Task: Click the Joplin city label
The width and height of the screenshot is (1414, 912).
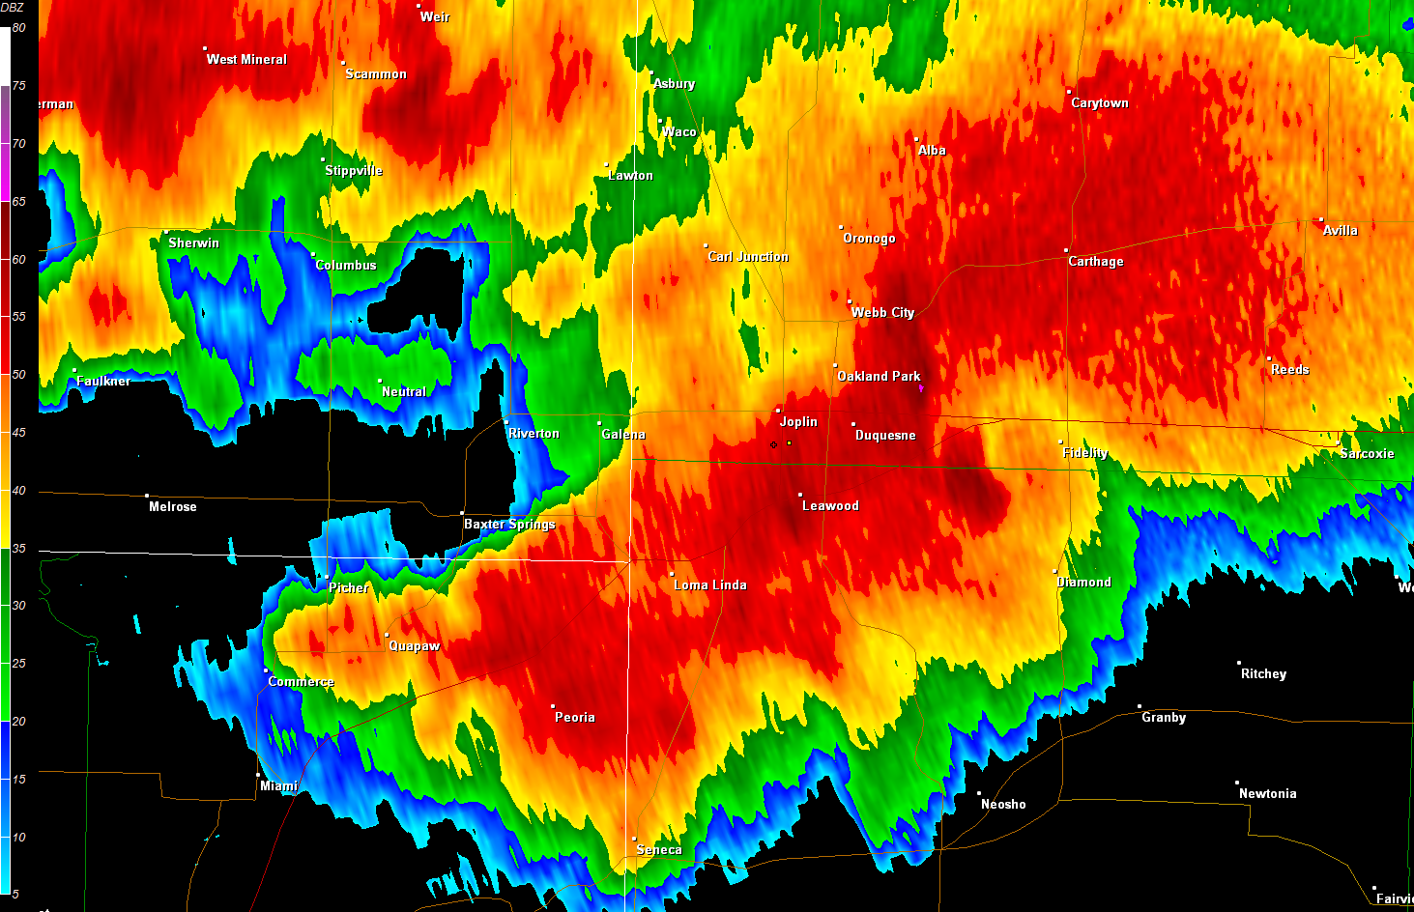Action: coord(798,422)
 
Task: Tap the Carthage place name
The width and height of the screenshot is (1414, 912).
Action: coord(1096,262)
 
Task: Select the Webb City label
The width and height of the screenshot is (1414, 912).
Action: coord(882,313)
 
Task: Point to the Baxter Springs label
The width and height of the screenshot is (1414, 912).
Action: coord(509,525)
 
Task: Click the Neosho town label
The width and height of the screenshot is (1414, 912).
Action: coord(1003,805)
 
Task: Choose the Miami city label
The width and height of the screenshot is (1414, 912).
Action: coord(278,786)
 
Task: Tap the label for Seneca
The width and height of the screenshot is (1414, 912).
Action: coord(659,850)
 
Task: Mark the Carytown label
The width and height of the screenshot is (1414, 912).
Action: coord(1100,103)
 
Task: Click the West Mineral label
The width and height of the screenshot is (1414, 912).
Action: coord(246,60)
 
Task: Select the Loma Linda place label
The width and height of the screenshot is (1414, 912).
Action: coord(710,585)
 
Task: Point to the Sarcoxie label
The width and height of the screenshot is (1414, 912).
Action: coord(1367,454)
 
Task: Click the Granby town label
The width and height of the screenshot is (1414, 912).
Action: coord(1164,718)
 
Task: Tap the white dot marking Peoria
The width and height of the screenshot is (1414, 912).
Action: coord(553,706)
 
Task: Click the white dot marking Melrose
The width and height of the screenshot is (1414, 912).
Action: coord(147,496)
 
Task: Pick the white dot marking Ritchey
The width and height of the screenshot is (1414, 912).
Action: coord(1239,663)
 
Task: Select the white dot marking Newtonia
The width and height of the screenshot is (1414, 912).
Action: coord(1237,783)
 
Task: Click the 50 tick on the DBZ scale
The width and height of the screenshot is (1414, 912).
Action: coord(18,375)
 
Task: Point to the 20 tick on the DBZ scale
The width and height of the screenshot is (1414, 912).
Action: coord(18,722)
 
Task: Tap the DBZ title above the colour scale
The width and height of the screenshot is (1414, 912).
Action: coord(13,8)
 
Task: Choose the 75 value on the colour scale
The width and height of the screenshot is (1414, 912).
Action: coord(18,86)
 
